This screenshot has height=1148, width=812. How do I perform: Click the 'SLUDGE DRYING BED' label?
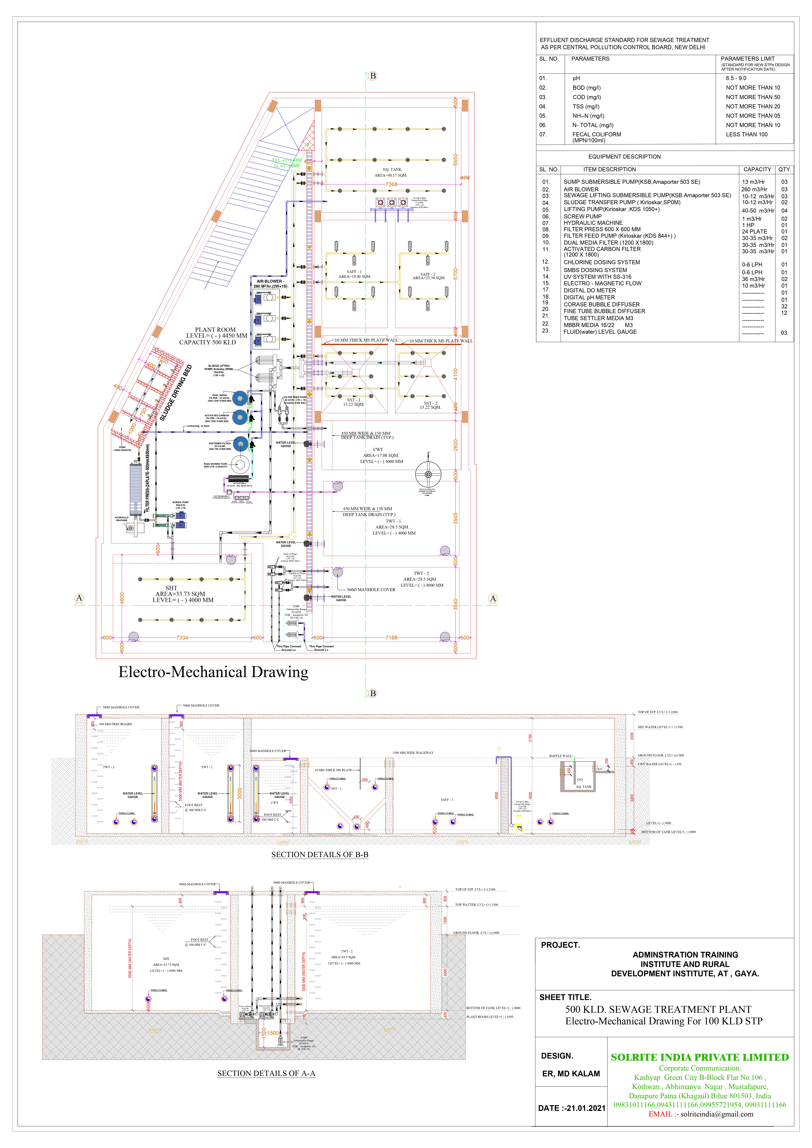(x=176, y=393)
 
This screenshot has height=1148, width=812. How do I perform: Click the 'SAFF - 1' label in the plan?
(x=354, y=271)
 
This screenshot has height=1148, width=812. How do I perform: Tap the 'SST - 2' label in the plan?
(x=430, y=403)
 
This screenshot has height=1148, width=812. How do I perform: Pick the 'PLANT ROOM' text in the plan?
(x=215, y=329)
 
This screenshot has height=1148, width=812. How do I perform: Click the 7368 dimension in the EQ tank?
(x=391, y=184)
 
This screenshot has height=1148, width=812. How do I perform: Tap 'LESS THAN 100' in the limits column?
(x=746, y=135)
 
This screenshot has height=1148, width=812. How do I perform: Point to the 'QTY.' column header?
(x=784, y=170)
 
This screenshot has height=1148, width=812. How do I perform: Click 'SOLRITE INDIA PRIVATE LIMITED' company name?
(x=700, y=1057)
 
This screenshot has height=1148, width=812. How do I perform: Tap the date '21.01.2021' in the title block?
(x=586, y=1108)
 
